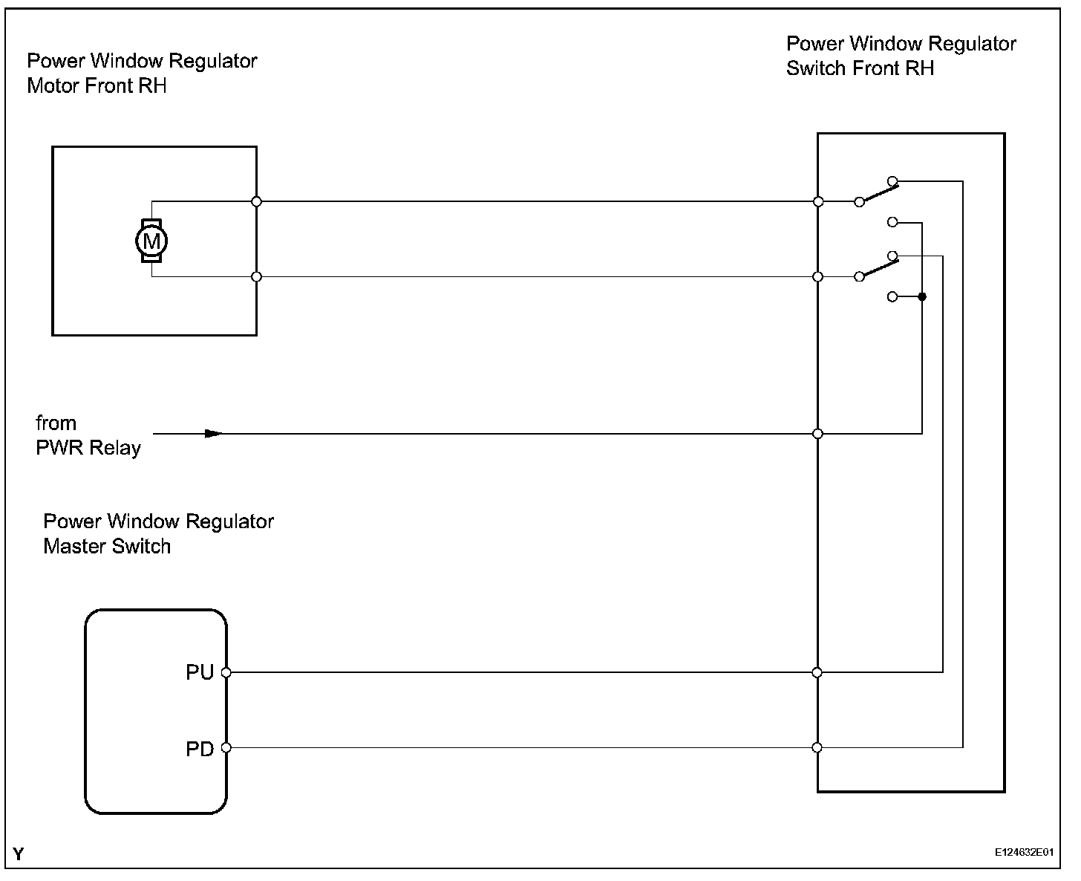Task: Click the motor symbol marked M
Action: tap(151, 241)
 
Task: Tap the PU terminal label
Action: tap(200, 672)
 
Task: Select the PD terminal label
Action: tap(200, 749)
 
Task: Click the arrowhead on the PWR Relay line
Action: tap(214, 433)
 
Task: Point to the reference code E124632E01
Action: tap(1025, 854)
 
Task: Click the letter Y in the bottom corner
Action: tap(19, 854)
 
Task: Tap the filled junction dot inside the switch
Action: tap(922, 297)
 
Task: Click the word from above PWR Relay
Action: tap(56, 423)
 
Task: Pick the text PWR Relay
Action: tap(88, 448)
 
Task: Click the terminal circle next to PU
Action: tap(226, 672)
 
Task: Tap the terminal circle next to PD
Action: tap(226, 747)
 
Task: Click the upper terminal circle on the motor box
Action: tap(257, 201)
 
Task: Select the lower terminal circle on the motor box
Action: tap(257, 277)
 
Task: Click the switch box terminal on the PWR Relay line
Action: tap(818, 434)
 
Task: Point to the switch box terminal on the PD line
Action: tap(817, 747)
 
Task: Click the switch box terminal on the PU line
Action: tap(817, 672)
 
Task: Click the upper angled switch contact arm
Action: tap(877, 192)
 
